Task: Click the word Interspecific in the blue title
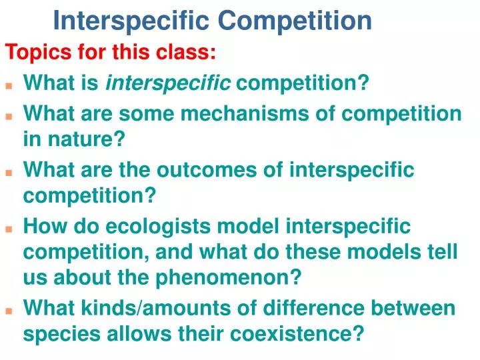[131, 21]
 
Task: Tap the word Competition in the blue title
[295, 21]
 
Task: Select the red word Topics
[39, 52]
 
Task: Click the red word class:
[186, 51]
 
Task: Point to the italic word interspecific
[168, 83]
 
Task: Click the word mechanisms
[247, 113]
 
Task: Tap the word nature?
[87, 139]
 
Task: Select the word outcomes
[207, 170]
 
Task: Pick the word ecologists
[158, 227]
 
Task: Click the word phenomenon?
[229, 277]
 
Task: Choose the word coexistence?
[297, 333]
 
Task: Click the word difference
[314, 307]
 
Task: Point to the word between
[413, 307]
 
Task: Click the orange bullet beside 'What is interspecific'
[9, 86]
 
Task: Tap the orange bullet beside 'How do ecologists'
[9, 229]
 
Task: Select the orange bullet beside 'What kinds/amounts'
[9, 311]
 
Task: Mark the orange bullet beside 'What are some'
[9, 116]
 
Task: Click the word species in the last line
[62, 334]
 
